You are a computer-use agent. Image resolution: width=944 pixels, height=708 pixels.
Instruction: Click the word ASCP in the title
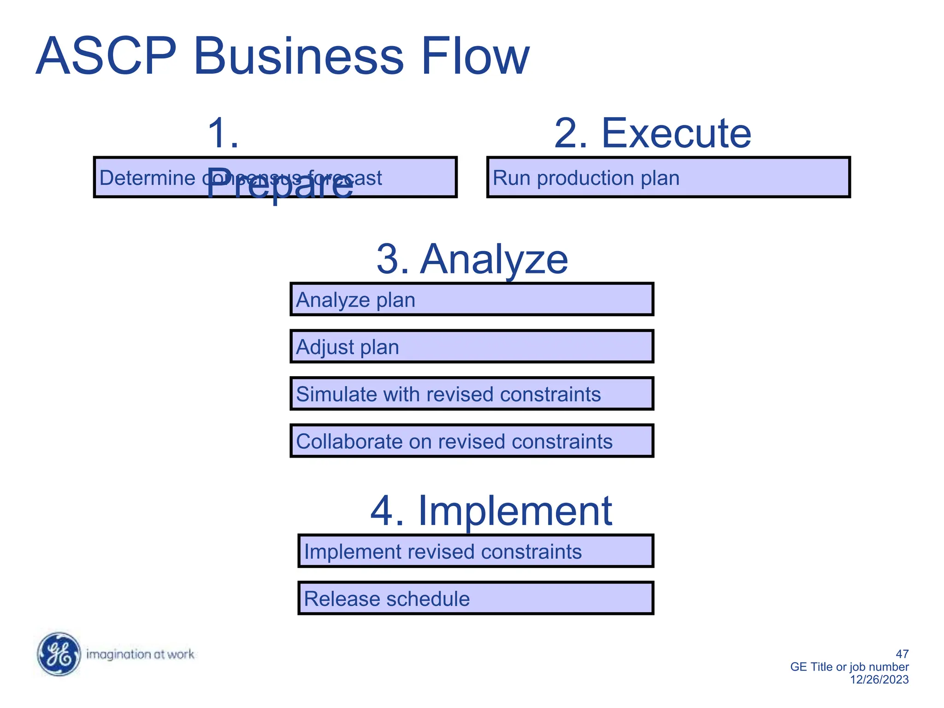[x=106, y=56]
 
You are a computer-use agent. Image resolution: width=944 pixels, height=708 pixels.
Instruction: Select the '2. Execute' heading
[x=652, y=133]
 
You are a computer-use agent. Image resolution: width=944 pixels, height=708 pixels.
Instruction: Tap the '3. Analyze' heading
[x=472, y=259]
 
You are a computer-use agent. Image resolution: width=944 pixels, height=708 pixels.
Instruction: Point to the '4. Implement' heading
[x=491, y=511]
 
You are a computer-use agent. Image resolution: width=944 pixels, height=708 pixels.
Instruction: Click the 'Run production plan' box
[x=668, y=177]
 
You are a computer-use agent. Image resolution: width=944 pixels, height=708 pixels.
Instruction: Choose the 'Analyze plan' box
[x=472, y=300]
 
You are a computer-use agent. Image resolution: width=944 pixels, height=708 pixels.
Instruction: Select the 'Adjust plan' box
[x=472, y=347]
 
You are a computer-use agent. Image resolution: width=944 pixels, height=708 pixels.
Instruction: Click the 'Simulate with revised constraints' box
[x=472, y=394]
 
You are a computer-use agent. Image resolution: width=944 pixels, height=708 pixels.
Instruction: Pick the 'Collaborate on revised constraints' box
[x=472, y=441]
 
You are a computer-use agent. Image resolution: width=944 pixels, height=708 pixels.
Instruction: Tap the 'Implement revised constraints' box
[x=476, y=551]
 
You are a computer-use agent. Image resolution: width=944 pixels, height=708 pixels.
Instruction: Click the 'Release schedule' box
[x=476, y=598]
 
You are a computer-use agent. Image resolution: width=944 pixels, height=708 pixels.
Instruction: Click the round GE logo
[x=59, y=654]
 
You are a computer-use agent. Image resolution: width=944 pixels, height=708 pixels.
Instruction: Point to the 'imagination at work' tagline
[x=140, y=655]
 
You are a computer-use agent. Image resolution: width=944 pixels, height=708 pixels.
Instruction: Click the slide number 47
[x=902, y=654]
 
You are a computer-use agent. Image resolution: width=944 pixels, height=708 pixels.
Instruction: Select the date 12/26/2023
[x=879, y=679]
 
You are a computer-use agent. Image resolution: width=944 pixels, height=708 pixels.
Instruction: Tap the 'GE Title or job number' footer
[x=849, y=667]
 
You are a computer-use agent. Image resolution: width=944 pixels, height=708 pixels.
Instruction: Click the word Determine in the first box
[x=147, y=178]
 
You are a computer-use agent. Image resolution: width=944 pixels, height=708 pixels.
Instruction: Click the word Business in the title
[x=299, y=56]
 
